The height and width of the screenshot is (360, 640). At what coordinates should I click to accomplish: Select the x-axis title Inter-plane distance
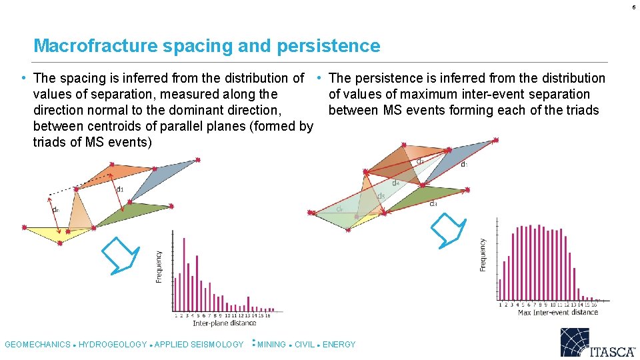point(223,323)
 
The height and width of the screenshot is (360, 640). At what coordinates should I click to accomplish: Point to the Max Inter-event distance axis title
point(557,312)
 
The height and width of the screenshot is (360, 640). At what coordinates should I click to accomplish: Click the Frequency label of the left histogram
point(159,266)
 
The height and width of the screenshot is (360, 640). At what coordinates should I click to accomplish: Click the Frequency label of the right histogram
point(483,255)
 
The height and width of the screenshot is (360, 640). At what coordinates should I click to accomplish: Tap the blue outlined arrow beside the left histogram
point(120,255)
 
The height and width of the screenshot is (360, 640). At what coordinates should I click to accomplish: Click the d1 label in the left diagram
point(120,189)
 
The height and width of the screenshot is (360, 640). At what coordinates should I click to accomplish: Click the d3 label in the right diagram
point(433,203)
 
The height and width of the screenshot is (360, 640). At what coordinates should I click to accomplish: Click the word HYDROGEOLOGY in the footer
point(113,345)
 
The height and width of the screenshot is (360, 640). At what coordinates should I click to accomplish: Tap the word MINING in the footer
point(271,345)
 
